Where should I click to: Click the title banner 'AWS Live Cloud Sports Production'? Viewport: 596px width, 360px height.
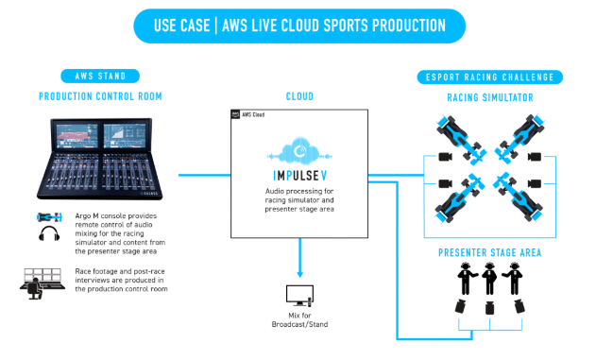pyautogui.click(x=299, y=26)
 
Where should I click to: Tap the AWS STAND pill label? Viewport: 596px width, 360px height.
pyautogui.click(x=100, y=76)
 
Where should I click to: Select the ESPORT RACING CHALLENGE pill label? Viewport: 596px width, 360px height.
pyautogui.click(x=489, y=77)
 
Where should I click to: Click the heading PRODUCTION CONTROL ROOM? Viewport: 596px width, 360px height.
pyautogui.click(x=100, y=96)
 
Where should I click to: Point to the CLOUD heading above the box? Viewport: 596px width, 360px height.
pyautogui.click(x=299, y=96)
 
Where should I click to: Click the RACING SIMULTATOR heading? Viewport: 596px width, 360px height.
pyautogui.click(x=490, y=97)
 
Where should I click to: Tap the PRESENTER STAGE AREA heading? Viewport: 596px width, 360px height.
pyautogui.click(x=490, y=253)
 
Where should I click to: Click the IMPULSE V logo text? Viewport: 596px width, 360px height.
pyautogui.click(x=300, y=176)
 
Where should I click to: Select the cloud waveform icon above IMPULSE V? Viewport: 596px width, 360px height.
pyautogui.click(x=299, y=151)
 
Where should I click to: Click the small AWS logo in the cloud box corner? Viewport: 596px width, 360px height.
pyautogui.click(x=236, y=114)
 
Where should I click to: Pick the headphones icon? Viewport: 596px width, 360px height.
pyautogui.click(x=49, y=233)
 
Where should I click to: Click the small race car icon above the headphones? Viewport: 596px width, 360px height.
pyautogui.click(x=49, y=217)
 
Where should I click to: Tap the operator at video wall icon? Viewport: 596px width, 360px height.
pyautogui.click(x=42, y=283)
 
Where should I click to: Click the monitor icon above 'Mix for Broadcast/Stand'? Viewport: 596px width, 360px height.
pyautogui.click(x=300, y=296)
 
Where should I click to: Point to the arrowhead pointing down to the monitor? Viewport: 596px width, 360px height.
pyautogui.click(x=300, y=274)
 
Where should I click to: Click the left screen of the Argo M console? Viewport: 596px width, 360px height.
pyautogui.click(x=77, y=135)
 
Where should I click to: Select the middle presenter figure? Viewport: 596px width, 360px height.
pyautogui.click(x=489, y=279)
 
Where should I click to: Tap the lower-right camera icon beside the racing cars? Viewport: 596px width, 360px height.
pyautogui.click(x=534, y=184)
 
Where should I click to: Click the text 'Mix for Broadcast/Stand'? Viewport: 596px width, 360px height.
pyautogui.click(x=300, y=320)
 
